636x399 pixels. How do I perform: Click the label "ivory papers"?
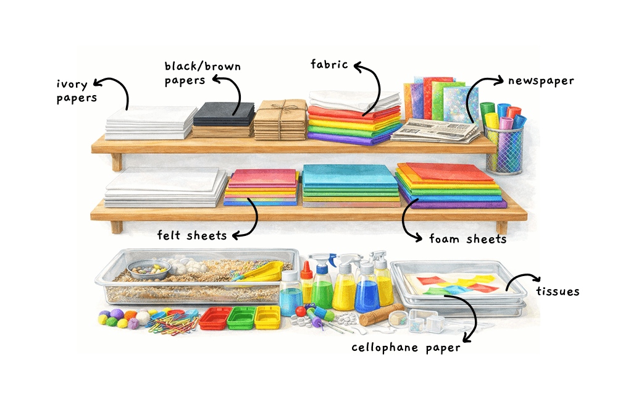[77, 90]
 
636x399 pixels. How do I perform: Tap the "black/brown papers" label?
[203, 73]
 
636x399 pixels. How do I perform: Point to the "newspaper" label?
[541, 81]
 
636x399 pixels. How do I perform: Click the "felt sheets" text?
[191, 235]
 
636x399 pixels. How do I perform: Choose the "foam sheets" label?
[467, 238]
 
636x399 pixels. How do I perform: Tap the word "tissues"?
[558, 291]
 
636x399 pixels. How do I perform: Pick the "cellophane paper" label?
[406, 348]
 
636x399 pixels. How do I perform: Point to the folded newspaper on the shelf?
[435, 130]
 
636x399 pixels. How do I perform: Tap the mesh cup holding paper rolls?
[503, 148]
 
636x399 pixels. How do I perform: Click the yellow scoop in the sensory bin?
[264, 271]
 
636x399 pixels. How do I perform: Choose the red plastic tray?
[215, 317]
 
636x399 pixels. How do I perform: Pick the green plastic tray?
[241, 317]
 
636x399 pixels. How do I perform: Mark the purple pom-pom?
[117, 314]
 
